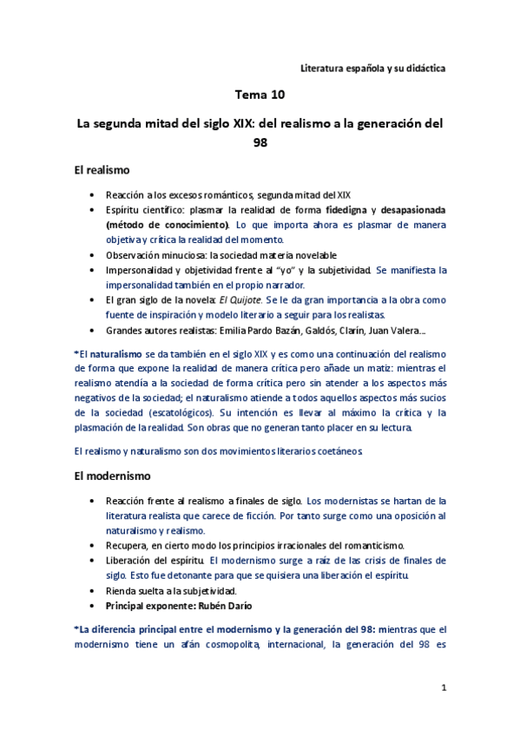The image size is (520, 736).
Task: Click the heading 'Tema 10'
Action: (260, 94)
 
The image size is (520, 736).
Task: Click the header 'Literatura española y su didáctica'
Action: (372, 68)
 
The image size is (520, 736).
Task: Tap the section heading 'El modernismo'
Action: (113, 476)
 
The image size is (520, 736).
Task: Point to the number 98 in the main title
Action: (260, 142)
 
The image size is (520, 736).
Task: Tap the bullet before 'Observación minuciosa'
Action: (92, 255)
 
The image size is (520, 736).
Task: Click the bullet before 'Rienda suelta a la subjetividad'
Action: (92, 590)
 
